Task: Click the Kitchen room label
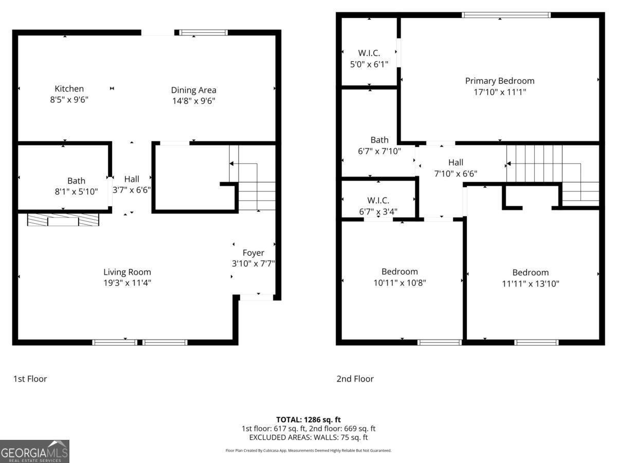click(x=69, y=89)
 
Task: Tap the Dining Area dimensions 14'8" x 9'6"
click(x=193, y=101)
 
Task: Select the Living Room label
click(x=127, y=272)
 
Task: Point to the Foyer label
click(x=253, y=253)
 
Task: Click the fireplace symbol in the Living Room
click(x=63, y=220)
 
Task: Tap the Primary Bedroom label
click(x=499, y=81)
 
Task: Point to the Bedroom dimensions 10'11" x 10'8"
click(x=400, y=282)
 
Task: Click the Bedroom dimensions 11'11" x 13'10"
click(x=530, y=283)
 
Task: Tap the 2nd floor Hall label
click(x=455, y=163)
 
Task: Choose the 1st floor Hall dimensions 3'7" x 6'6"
click(x=132, y=189)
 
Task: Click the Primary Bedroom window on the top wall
click(x=506, y=15)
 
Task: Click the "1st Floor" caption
click(x=30, y=379)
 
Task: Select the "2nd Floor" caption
click(x=355, y=379)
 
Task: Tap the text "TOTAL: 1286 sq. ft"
click(x=308, y=419)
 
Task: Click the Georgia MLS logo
click(x=34, y=451)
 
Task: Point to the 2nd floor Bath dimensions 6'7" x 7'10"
click(x=379, y=151)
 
